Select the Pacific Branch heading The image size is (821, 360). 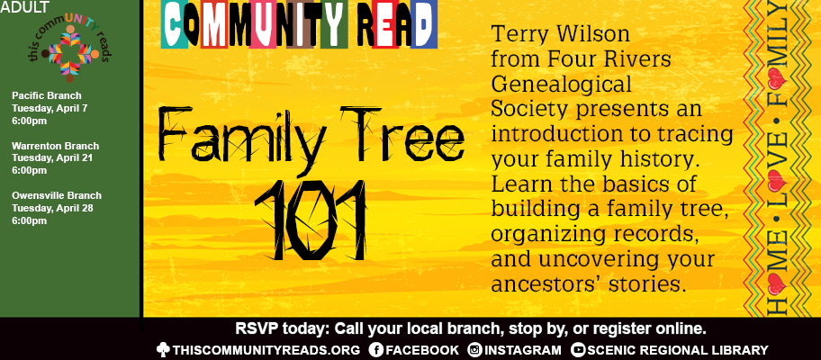point(47,95)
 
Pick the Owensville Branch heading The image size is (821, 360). point(57,195)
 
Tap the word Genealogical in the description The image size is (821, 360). point(561,84)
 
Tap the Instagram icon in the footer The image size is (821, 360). point(474,349)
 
